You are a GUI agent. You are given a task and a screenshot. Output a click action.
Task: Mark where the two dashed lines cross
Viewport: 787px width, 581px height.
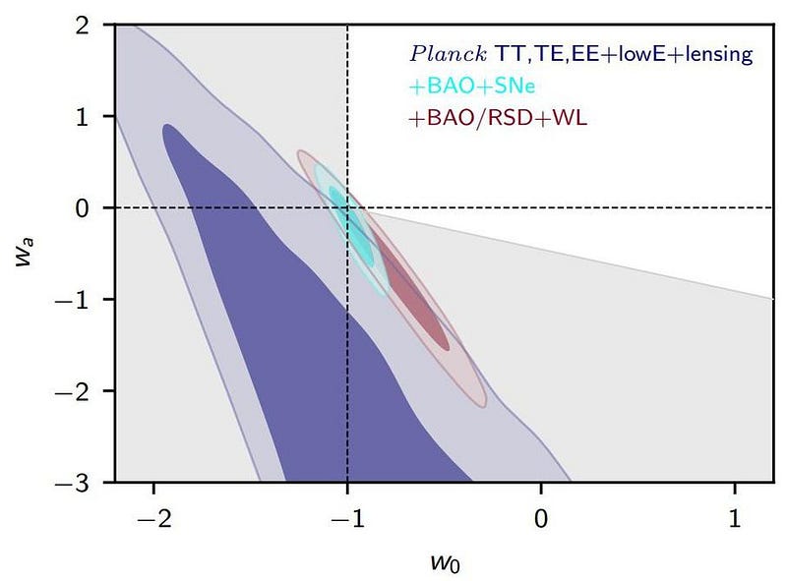347,207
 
